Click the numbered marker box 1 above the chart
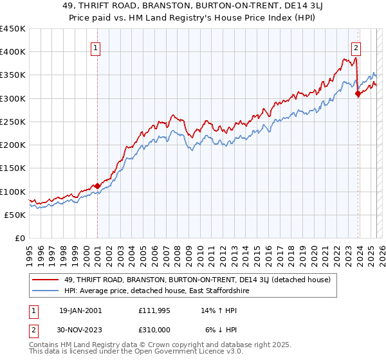pos(96,47)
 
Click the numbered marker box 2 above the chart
pos(356,47)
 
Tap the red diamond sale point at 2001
pos(97,186)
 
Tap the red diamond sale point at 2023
pos(358,94)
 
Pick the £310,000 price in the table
pos(155,330)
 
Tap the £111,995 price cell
pos(155,310)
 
